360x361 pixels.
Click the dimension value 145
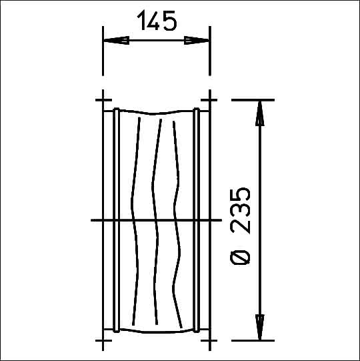(157, 21)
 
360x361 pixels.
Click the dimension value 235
(240, 210)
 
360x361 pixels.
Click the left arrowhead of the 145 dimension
(116, 40)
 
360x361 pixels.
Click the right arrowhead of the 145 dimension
(197, 40)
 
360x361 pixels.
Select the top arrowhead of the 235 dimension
(260, 113)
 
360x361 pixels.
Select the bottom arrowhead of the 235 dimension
(260, 327)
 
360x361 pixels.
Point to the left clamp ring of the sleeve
(117, 220)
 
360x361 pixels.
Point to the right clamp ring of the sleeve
(196, 220)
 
